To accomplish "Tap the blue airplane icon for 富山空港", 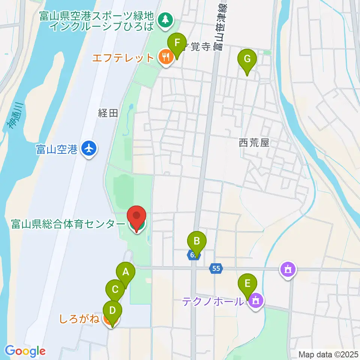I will (x=89, y=149).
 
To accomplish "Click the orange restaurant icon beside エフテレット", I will (x=165, y=57).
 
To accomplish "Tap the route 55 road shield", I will (x=216, y=268).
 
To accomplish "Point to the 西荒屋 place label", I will (x=254, y=142).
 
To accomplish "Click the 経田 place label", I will (x=108, y=114).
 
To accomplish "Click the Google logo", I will (x=25, y=351).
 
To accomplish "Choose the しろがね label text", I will (x=79, y=319).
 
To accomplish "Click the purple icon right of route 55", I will (x=288, y=269).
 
